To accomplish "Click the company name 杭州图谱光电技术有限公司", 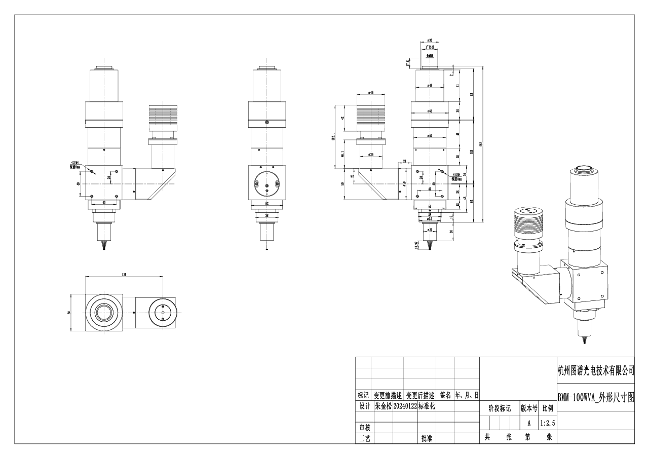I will [x=595, y=371].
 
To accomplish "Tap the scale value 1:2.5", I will [x=547, y=423].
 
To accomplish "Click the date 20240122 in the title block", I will [x=404, y=406].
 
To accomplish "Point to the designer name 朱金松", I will [x=383, y=406].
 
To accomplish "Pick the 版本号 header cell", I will [x=529, y=408].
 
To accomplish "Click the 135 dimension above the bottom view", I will [x=124, y=274].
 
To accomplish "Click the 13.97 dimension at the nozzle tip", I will [x=416, y=246].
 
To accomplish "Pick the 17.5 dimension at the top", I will [x=408, y=63].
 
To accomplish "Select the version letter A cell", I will [x=529, y=423].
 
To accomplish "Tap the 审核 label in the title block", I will [x=363, y=428].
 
